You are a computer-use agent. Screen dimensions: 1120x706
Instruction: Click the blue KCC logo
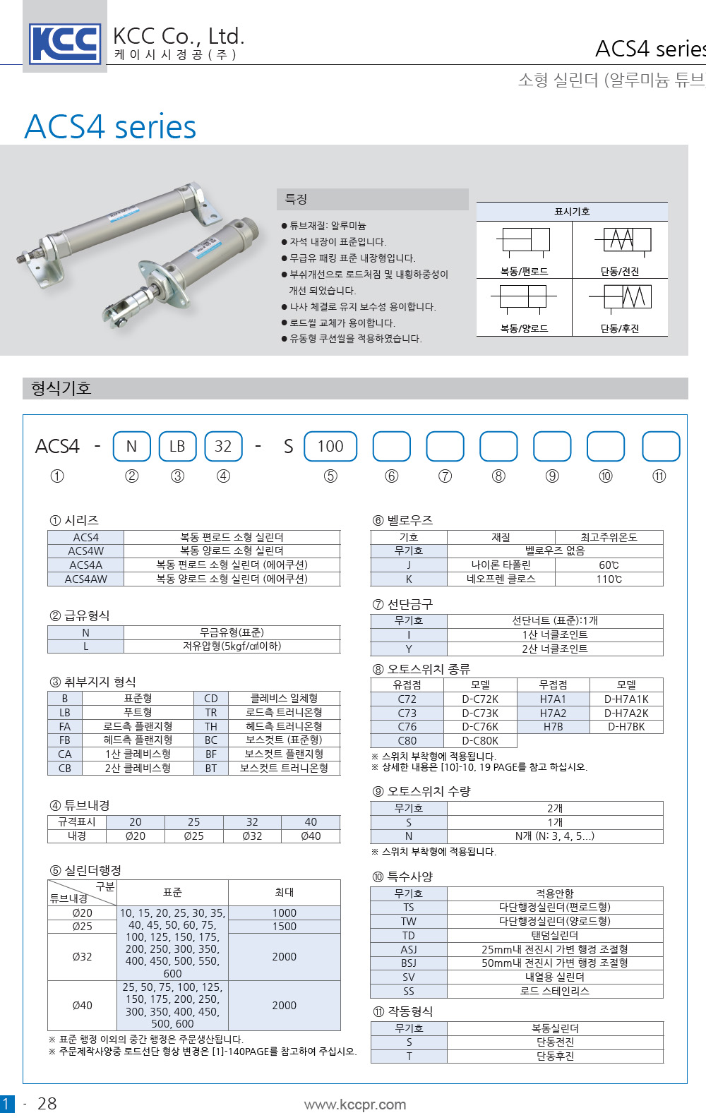click(x=65, y=43)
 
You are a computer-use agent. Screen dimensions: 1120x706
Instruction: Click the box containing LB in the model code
click(x=177, y=446)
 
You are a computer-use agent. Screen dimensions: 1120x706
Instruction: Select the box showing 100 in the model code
click(x=330, y=446)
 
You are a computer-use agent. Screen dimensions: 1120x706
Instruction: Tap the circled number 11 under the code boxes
click(x=659, y=476)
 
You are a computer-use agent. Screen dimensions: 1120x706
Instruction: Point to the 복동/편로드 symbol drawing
click(x=524, y=241)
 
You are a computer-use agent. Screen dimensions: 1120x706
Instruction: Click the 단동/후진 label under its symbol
click(x=619, y=328)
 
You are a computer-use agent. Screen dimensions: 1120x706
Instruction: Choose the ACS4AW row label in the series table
click(x=86, y=579)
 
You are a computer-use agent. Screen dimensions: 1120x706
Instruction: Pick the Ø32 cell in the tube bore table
click(x=252, y=836)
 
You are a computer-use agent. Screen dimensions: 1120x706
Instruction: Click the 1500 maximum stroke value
click(x=284, y=926)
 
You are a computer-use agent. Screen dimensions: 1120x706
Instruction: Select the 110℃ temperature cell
click(x=609, y=579)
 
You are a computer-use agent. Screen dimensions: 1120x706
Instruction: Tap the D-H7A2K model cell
click(x=626, y=713)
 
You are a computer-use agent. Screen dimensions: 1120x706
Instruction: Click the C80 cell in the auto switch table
click(x=407, y=740)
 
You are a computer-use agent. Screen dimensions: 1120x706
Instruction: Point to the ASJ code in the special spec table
click(x=409, y=949)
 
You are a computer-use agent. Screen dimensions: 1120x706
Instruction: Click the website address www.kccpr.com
click(x=354, y=1104)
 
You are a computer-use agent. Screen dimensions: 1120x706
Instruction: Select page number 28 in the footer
click(x=47, y=1104)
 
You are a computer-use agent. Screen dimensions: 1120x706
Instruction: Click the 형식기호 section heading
click(x=61, y=388)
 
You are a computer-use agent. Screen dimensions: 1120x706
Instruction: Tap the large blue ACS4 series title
click(x=111, y=127)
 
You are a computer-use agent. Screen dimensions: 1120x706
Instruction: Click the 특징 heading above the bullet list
click(x=296, y=199)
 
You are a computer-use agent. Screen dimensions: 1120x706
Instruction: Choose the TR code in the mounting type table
click(x=211, y=712)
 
